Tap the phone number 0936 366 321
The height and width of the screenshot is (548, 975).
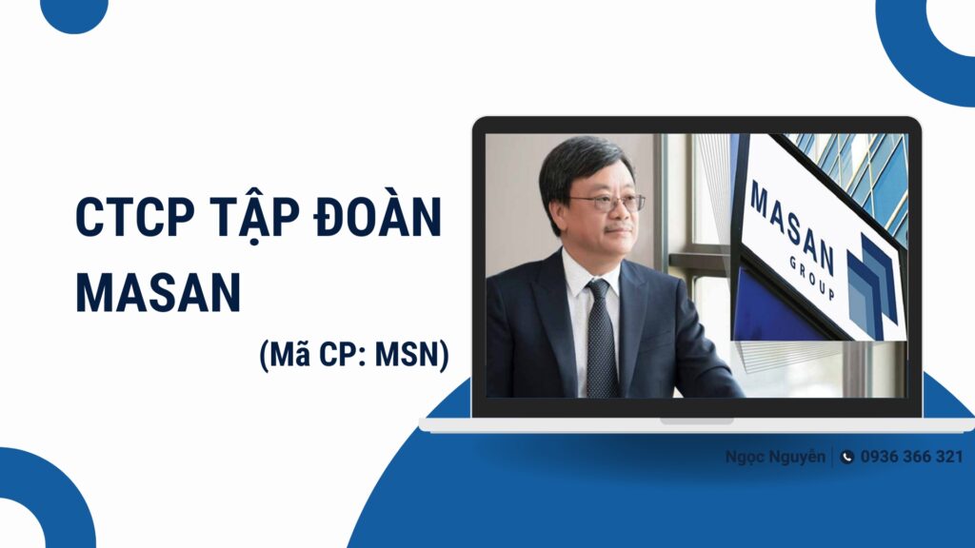911,457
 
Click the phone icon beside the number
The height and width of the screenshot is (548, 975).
846,458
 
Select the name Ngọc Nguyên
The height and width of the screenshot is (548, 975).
775,458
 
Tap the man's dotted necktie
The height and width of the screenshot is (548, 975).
601,339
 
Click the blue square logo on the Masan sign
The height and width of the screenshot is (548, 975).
872,286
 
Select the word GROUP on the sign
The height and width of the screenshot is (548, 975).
811,278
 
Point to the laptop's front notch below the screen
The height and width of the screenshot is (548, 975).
696,421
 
